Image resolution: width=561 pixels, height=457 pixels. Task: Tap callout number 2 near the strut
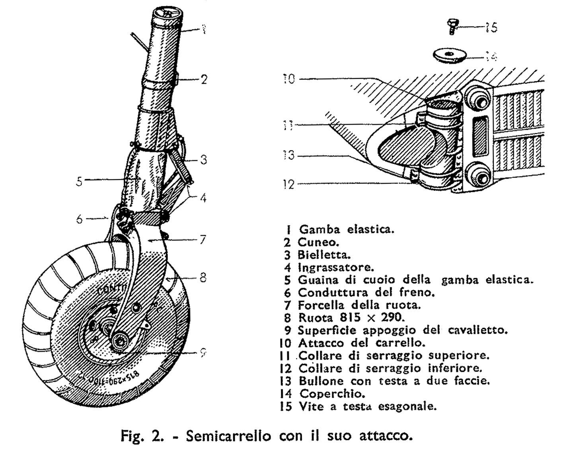(204, 79)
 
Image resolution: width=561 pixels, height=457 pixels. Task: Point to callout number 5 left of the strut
(80, 181)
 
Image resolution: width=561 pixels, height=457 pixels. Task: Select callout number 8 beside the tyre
(203, 277)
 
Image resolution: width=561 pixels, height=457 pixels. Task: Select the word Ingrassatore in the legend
(336, 267)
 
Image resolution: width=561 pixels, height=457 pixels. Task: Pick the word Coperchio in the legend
(332, 394)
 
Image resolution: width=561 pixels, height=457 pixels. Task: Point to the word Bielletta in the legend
(324, 255)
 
